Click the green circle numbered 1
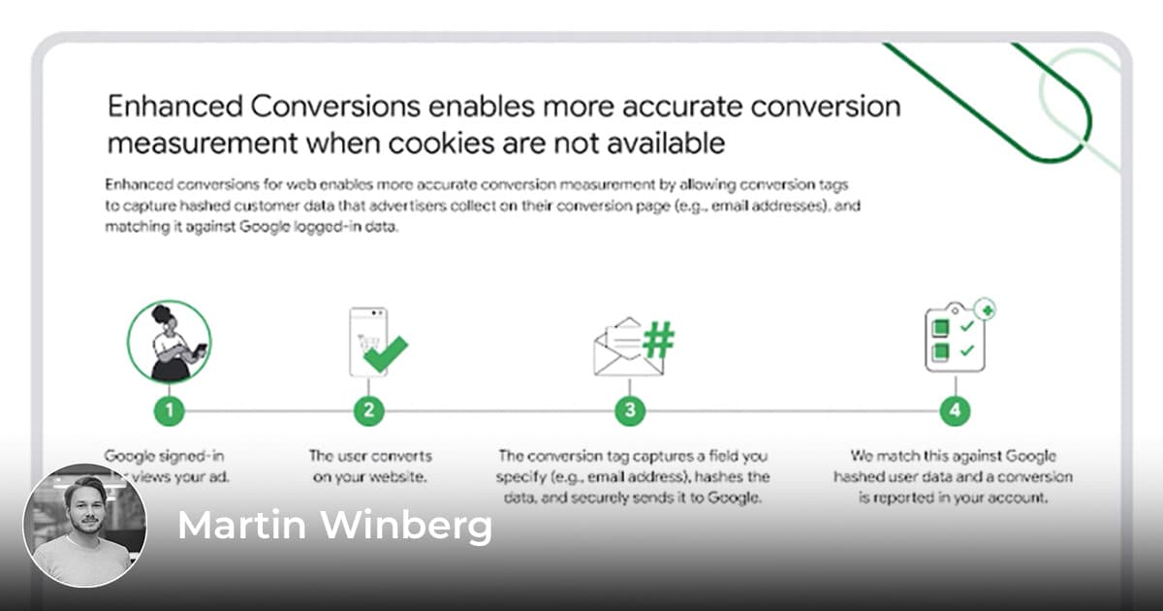(169, 410)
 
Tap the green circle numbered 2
(368, 410)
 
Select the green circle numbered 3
(630, 410)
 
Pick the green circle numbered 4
(955, 410)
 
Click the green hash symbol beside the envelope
(659, 341)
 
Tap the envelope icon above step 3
(618, 348)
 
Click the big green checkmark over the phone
(384, 353)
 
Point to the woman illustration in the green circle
(169, 342)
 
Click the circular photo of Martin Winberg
(85, 528)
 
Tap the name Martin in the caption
(242, 526)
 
